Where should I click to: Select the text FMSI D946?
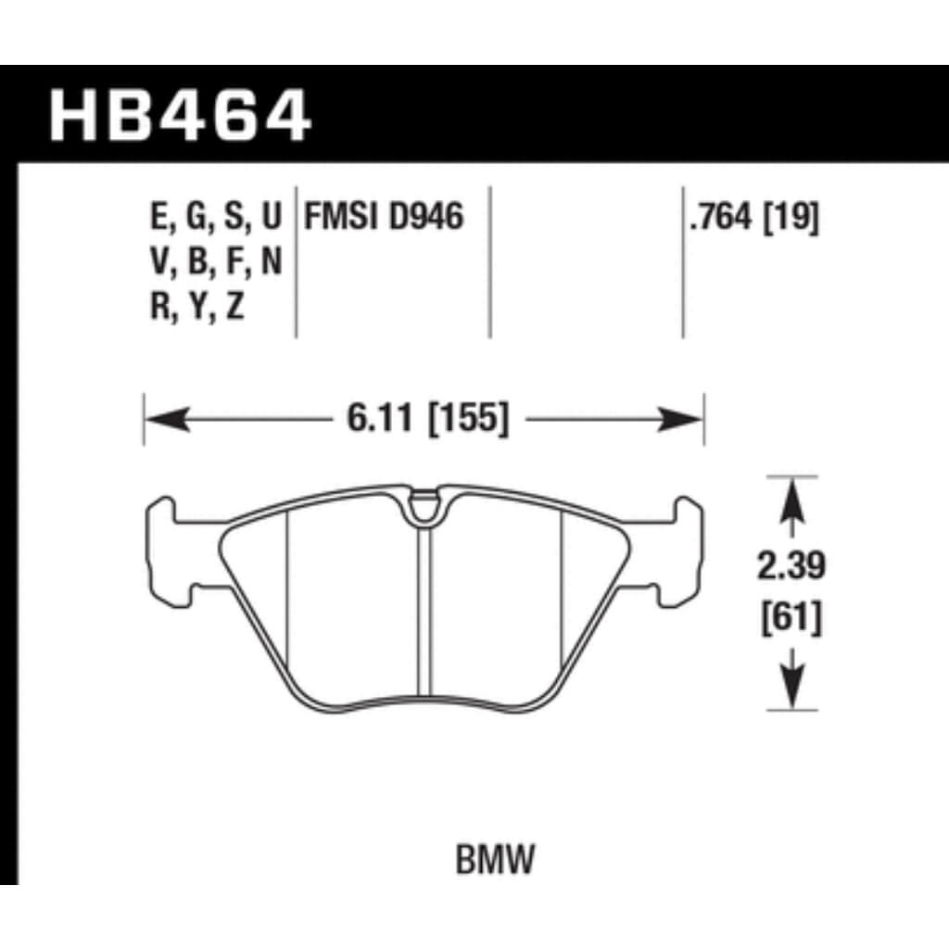[380, 219]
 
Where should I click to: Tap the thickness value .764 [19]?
[752, 219]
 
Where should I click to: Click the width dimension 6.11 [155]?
[428, 420]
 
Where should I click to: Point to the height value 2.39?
[790, 566]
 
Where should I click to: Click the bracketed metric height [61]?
[790, 618]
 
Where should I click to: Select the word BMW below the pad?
[496, 862]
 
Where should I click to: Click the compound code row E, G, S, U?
[214, 219]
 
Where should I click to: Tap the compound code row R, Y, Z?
[196, 308]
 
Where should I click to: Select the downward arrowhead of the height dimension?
[790, 690]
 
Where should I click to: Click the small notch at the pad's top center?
[425, 506]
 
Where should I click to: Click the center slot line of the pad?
[425, 612]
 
